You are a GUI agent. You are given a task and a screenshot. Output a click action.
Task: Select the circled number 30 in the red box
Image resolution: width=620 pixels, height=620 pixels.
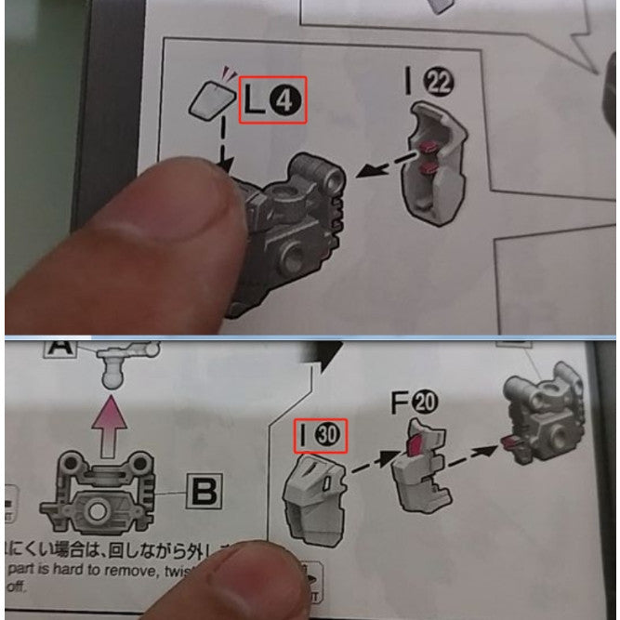[x=330, y=432]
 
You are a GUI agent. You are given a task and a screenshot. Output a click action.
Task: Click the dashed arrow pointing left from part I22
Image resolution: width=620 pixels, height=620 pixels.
[x=383, y=166]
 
